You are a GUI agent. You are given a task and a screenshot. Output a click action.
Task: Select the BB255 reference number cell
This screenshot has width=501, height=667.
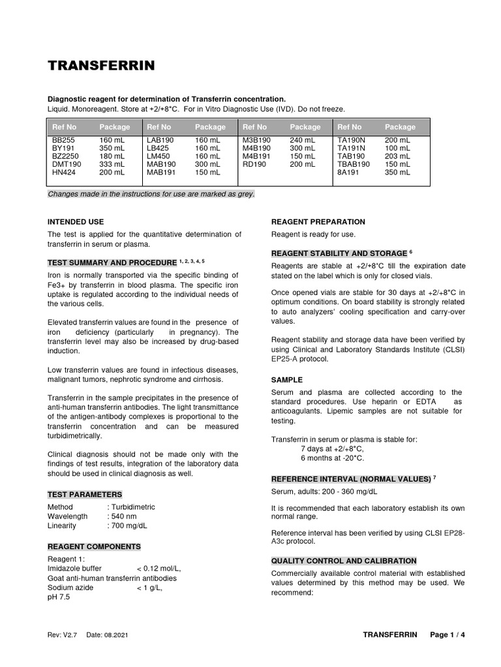point(63,140)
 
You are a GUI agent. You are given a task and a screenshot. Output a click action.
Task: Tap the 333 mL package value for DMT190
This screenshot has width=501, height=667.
point(112,165)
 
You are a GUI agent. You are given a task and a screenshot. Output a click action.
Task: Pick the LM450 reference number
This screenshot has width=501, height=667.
point(159,156)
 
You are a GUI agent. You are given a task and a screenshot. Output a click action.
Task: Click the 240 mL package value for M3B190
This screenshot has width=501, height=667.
point(302,140)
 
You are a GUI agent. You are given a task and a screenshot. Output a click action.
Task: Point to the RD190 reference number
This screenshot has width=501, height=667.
point(254,165)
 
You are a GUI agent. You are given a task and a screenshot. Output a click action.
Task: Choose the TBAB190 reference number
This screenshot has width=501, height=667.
point(354,165)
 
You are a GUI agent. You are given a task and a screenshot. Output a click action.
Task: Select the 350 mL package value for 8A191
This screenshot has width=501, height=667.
point(397,173)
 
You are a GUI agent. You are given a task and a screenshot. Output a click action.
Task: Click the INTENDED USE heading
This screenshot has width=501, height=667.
point(76,222)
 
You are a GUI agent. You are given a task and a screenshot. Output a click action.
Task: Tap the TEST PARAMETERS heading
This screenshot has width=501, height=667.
point(84,494)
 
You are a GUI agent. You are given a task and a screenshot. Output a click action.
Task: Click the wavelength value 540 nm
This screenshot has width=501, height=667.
point(124,516)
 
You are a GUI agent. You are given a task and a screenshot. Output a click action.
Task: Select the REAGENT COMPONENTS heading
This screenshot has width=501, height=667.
point(93,546)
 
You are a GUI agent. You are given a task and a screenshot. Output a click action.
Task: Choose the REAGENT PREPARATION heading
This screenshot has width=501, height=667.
point(318,222)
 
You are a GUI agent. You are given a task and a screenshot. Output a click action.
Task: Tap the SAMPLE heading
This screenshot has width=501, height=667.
point(286,379)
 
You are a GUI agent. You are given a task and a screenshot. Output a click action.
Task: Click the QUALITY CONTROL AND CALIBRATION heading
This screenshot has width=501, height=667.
point(343,560)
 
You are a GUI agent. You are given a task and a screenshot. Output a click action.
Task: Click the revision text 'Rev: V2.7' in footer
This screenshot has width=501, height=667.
point(63,635)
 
